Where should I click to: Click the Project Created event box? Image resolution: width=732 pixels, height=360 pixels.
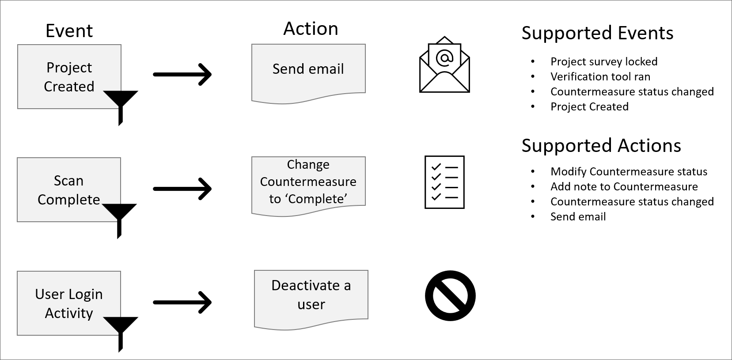point(69,76)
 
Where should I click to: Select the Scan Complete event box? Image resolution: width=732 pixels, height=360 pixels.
point(68,189)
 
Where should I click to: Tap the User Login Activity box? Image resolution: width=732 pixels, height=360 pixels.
point(68,303)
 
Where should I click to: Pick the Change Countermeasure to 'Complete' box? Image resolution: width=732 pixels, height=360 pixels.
point(308,182)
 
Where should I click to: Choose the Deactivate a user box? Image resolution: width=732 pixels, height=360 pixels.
point(311,295)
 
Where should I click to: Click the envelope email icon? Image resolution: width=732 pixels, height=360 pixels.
point(444,65)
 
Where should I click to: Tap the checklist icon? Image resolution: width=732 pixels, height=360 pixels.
point(444,182)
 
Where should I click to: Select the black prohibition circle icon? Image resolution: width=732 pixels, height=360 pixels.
point(450,296)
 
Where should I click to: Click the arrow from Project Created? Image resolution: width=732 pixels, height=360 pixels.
point(182,74)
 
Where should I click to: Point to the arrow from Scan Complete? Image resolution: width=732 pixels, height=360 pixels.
point(182,189)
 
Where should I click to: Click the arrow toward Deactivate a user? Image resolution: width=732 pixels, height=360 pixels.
point(182,303)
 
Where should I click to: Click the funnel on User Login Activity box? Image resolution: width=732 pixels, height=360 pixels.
point(120,329)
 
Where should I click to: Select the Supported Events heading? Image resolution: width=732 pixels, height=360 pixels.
point(597,33)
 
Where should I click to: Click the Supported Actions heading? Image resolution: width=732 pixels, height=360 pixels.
point(601,146)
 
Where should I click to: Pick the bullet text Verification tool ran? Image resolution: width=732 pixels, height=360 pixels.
point(600,77)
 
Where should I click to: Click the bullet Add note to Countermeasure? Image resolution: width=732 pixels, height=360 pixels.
point(624,187)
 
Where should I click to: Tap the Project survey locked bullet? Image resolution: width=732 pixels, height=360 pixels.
point(603,62)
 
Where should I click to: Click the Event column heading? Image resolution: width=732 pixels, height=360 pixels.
point(69,31)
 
